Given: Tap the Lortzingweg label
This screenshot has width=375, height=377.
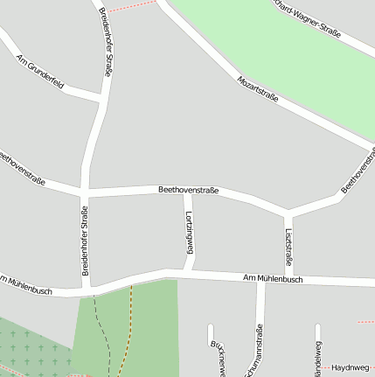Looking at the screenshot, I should [x=188, y=233].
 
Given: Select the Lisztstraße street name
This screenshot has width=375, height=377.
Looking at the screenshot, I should [x=288, y=247].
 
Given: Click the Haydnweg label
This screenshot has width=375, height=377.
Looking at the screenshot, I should [x=349, y=368].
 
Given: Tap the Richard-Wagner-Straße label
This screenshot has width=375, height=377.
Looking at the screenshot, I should [x=305, y=17].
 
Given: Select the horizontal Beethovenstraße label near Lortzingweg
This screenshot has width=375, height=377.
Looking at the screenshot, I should [x=188, y=190].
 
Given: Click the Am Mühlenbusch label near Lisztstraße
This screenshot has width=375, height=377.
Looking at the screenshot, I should [x=273, y=279].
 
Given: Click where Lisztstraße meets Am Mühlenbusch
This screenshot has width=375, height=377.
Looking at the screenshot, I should [x=288, y=279].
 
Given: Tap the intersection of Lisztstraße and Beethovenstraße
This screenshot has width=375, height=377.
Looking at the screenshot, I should [x=288, y=213].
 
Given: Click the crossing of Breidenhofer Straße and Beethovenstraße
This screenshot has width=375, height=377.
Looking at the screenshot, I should [x=84, y=190].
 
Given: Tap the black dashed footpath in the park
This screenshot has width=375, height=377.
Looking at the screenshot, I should [x=101, y=328].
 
